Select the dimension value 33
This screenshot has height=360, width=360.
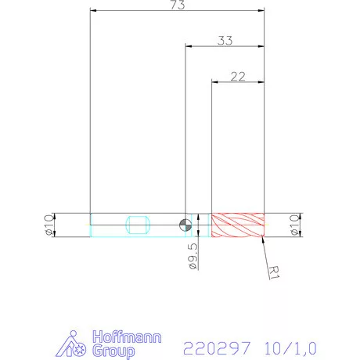[225, 41]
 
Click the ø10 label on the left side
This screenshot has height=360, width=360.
[48, 225]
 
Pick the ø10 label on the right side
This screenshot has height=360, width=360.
[295, 225]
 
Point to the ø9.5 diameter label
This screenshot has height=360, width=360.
[193, 256]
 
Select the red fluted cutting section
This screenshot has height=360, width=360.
[239, 225]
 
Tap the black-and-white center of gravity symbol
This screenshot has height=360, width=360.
[185, 225]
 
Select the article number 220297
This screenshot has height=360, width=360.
[214, 345]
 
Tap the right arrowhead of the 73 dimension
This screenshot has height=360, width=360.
[261, 11]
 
